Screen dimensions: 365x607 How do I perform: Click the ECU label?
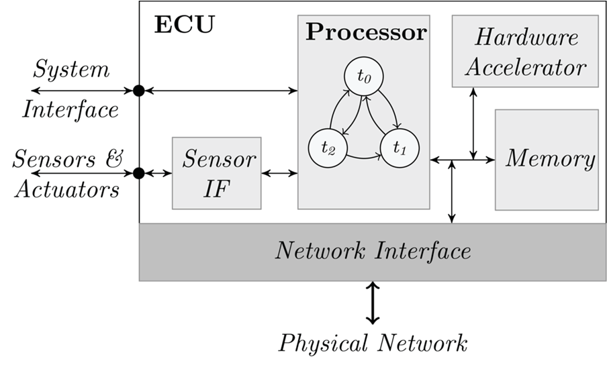pos(184,25)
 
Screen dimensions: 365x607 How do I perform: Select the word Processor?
pos(366,32)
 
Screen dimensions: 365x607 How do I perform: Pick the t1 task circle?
pos(400,146)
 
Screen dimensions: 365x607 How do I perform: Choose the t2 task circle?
pos(327,148)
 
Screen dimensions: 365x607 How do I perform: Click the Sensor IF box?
pos(216,173)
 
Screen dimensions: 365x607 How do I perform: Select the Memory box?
pos(547,159)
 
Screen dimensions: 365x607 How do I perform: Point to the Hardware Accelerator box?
pos(524,51)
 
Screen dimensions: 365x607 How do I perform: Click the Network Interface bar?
pos(373,252)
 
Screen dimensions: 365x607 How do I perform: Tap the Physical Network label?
pos(373,344)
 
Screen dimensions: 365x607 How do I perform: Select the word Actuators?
pos(66,190)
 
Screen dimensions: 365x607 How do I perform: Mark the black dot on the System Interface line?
pos(139,91)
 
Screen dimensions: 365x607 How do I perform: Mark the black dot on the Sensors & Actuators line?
pos(139,173)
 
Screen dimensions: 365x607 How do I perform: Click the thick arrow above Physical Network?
pos(373,303)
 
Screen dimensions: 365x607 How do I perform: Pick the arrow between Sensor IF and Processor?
pos(279,173)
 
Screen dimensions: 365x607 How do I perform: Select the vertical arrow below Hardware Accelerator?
pos(474,123)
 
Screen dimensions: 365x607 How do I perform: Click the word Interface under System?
pos(71,109)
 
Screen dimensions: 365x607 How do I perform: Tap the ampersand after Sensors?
pos(115,159)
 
